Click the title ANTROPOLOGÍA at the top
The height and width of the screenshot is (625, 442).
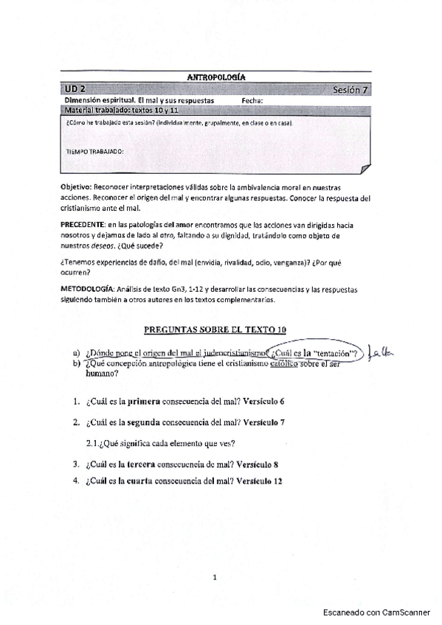[x=216, y=77]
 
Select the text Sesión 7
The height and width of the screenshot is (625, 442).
[x=350, y=90]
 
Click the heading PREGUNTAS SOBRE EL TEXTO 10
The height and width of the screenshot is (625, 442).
[x=215, y=328]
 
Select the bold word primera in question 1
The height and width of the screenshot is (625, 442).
[x=144, y=402]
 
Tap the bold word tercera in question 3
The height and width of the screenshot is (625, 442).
[x=144, y=464]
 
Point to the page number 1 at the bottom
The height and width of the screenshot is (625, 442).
[x=214, y=578]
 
